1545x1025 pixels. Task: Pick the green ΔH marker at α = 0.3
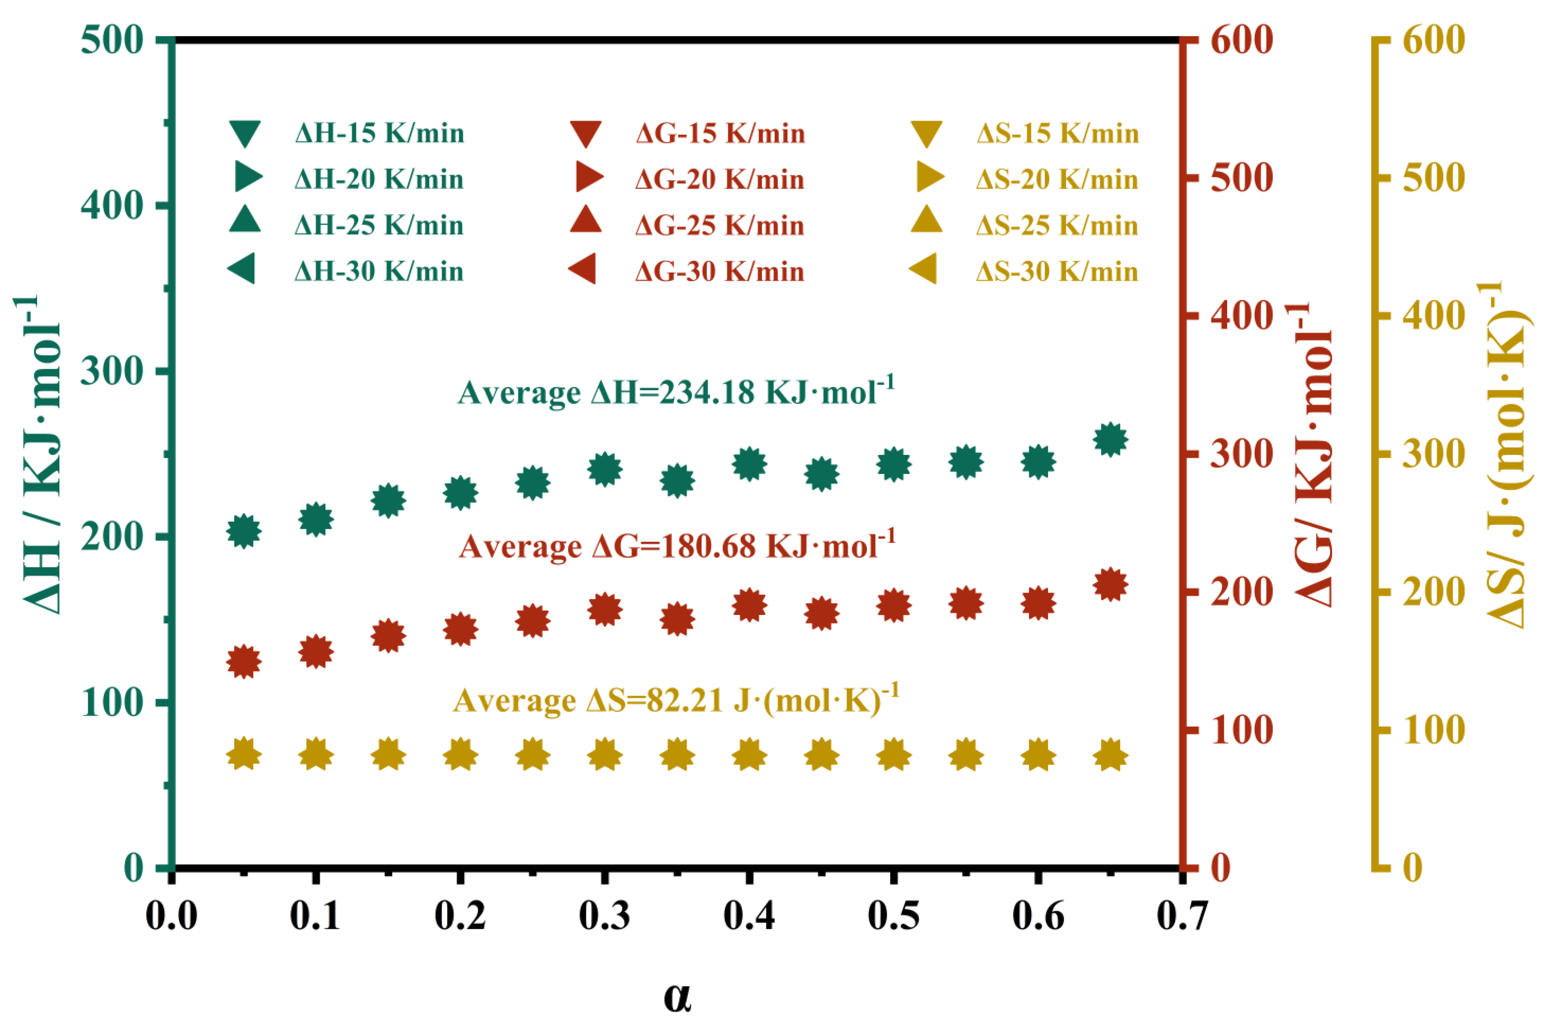[605, 469]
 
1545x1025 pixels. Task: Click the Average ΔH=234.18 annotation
[676, 392]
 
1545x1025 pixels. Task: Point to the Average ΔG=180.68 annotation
[676, 546]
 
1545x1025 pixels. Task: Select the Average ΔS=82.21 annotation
[676, 700]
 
